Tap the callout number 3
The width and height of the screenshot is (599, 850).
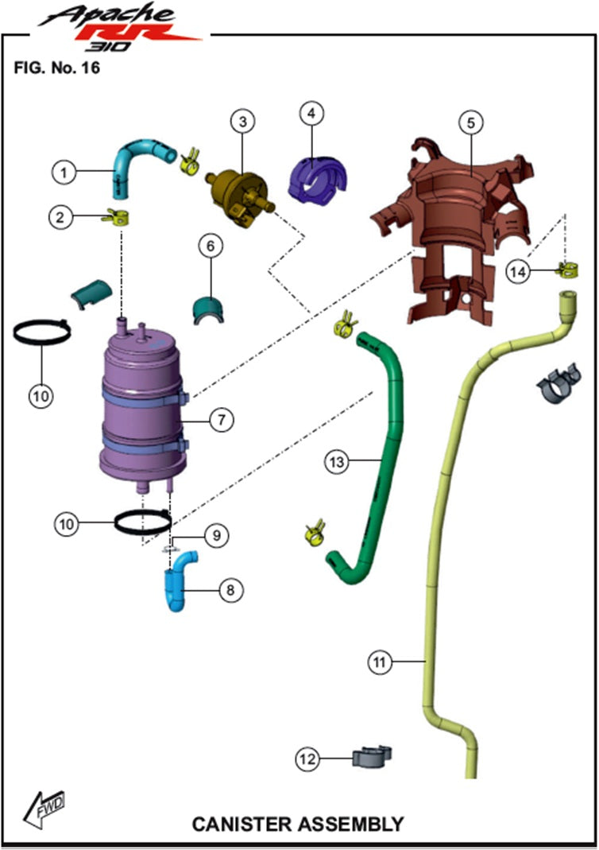pyautogui.click(x=242, y=122)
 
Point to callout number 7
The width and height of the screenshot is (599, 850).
pyautogui.click(x=221, y=420)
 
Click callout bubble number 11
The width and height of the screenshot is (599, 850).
pyautogui.click(x=382, y=661)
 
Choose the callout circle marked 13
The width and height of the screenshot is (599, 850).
pyautogui.click(x=337, y=461)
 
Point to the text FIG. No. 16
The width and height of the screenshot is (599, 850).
pyautogui.click(x=56, y=68)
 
